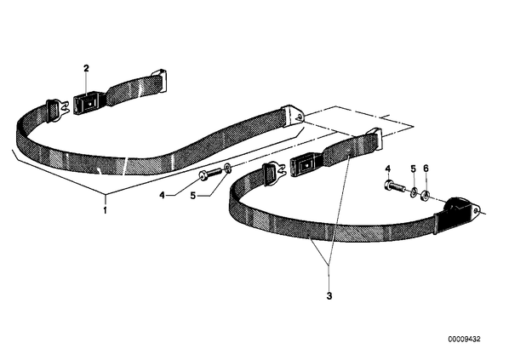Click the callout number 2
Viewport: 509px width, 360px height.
click(86, 68)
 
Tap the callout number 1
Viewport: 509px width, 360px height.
click(105, 210)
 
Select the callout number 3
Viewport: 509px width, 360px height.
click(329, 296)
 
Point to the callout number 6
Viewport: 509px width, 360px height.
click(426, 169)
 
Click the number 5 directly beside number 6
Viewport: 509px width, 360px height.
click(413, 169)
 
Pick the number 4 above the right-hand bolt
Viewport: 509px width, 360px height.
click(388, 169)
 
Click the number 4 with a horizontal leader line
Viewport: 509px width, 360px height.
click(163, 196)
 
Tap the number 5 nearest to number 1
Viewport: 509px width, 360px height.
click(193, 196)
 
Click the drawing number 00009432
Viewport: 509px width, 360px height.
click(464, 340)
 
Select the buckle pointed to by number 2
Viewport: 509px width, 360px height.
click(87, 102)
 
